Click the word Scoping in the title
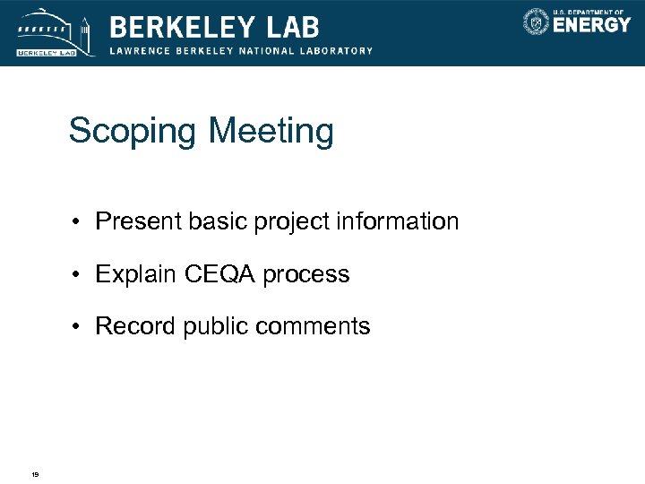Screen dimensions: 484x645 pyautogui.click(x=133, y=133)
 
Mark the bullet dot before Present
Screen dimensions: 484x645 pyautogui.click(x=81, y=222)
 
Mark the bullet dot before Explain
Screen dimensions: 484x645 pyautogui.click(x=81, y=275)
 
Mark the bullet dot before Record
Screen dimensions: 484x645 pyautogui.click(x=81, y=327)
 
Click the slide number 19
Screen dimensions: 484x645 pyautogui.click(x=34, y=474)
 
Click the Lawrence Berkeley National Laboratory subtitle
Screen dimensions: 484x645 pyautogui.click(x=241, y=50)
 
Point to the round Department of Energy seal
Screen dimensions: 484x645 pyautogui.click(x=536, y=22)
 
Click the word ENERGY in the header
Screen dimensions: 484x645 pyautogui.click(x=591, y=25)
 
